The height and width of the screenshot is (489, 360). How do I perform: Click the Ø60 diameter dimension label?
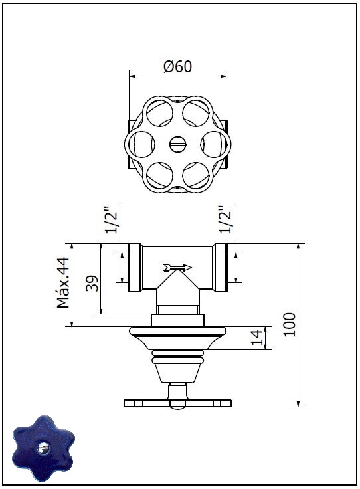[x=177, y=66]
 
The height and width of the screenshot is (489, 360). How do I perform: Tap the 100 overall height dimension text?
[x=290, y=324]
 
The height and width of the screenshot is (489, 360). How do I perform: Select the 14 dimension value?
[x=257, y=338]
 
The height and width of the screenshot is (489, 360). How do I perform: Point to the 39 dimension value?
[x=92, y=283]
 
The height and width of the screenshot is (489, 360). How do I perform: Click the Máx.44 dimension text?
[x=63, y=282]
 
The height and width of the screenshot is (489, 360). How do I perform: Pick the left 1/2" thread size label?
[x=112, y=219]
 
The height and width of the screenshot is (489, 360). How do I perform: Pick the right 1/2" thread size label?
[x=225, y=219]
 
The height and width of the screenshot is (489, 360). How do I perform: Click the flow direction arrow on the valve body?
[x=177, y=268]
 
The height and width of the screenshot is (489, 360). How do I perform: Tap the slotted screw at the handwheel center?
[x=178, y=144]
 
